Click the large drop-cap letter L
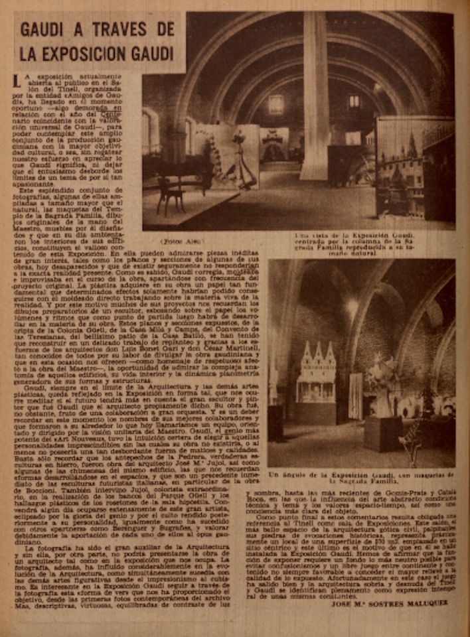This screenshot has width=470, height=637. (x=17, y=82)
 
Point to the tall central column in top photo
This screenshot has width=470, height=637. (x=315, y=100)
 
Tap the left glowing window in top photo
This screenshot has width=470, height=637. (x=275, y=104)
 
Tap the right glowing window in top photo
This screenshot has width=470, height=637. (x=354, y=102)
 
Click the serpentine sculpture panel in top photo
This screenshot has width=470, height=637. (x=232, y=163)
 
